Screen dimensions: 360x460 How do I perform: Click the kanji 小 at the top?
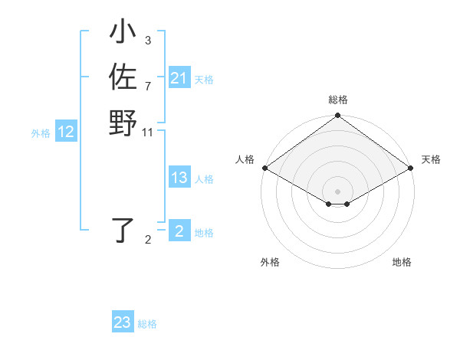click(x=123, y=34)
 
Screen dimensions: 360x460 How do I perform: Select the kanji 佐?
click(x=123, y=78)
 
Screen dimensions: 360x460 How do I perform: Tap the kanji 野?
click(x=123, y=123)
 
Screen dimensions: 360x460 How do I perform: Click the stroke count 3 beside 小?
click(x=147, y=40)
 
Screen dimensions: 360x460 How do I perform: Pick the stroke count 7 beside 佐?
click(x=147, y=85)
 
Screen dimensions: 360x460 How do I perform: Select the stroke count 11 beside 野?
click(x=148, y=132)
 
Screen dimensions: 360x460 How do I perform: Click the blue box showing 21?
click(x=179, y=78)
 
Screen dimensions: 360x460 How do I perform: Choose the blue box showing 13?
click(x=179, y=178)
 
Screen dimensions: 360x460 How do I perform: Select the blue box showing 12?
click(x=66, y=132)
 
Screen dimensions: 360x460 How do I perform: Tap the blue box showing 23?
click(x=123, y=322)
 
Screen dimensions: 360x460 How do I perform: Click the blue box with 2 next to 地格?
click(x=179, y=231)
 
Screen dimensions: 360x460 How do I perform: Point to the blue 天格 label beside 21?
click(x=204, y=79)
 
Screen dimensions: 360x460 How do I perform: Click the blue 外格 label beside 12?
click(x=41, y=133)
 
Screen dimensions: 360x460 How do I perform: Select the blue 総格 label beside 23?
click(x=147, y=324)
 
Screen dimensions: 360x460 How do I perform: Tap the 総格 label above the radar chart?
click(x=338, y=100)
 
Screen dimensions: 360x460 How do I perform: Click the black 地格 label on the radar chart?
click(x=402, y=263)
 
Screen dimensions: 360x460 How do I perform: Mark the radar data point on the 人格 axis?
click(x=264, y=168)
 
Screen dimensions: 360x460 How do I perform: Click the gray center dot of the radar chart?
click(x=338, y=191)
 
